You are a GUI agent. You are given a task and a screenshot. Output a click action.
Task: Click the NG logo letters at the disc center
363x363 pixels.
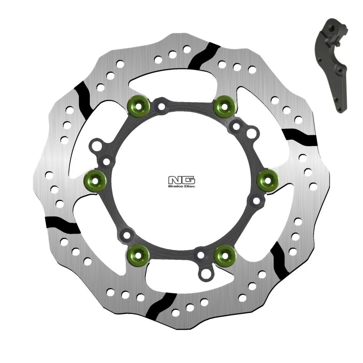tap(181, 180)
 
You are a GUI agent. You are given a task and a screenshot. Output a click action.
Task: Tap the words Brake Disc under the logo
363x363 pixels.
tap(181, 186)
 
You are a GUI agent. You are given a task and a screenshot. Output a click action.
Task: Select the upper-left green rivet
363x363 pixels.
tap(138, 105)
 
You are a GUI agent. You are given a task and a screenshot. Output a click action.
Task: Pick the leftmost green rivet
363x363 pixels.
tap(95, 181)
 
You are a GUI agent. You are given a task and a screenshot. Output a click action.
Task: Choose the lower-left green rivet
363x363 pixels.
tap(138, 255)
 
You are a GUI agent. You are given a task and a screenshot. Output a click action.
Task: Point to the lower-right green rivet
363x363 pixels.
tap(225, 255)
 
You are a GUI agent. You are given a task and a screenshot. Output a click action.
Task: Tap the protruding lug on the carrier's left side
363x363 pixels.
tap(96, 147)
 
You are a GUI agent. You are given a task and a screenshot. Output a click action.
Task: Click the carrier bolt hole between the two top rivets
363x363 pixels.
tap(160, 107)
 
